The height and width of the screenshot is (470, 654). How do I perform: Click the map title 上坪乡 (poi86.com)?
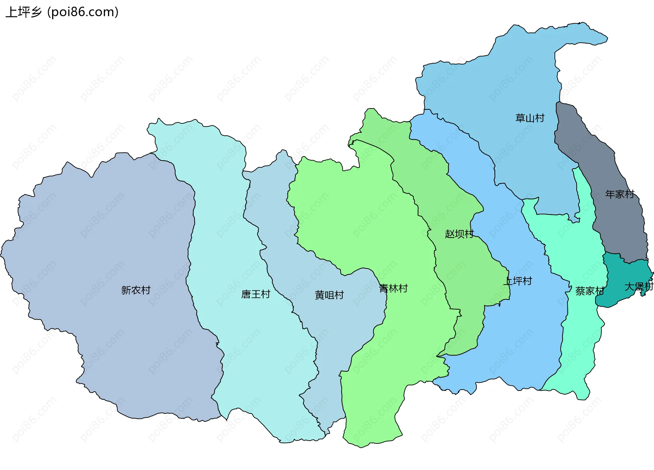62,12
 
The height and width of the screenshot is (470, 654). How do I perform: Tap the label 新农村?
136,290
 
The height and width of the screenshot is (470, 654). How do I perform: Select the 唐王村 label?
255,294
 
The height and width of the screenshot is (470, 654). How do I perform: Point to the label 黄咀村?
329,295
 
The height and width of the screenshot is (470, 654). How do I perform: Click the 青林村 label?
393,288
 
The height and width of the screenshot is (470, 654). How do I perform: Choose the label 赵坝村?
459,234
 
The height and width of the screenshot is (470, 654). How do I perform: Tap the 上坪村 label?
517,281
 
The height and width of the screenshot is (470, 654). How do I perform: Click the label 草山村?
530,118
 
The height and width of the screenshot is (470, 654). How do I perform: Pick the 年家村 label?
619,194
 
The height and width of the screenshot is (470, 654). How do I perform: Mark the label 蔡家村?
589,291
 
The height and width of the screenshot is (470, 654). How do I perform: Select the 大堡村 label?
639,286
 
